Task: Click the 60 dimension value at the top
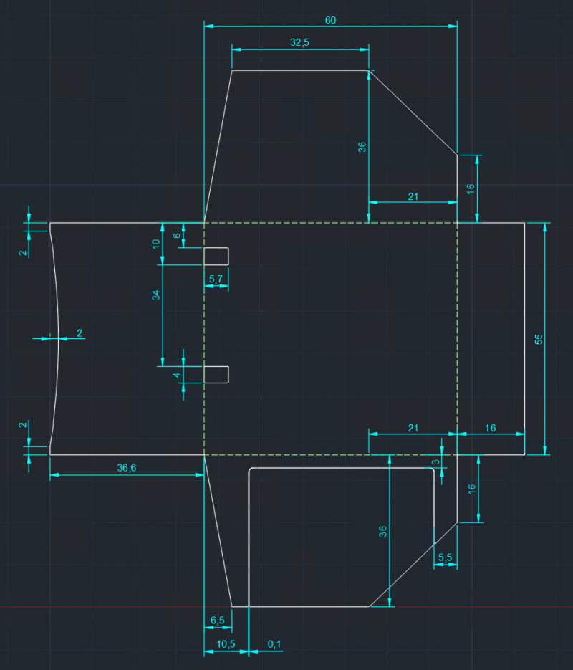pos(330,20)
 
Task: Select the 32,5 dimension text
pos(299,42)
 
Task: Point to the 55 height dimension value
pos(539,339)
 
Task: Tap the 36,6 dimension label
pos(126,468)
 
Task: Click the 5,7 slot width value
pos(216,279)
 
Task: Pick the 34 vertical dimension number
pos(156,295)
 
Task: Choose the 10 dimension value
pos(156,244)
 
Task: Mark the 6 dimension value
pos(176,236)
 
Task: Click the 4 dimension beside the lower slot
pos(176,375)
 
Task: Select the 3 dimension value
pos(435,462)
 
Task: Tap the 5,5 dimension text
pos(445,557)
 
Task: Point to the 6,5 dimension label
pos(217,620)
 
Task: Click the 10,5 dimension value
pos(226,644)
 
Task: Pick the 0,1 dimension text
pos(274,644)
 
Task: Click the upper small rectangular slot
pos(216,257)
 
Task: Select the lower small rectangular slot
pos(216,375)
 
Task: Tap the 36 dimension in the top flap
pos(362,147)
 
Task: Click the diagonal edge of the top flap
pos(413,113)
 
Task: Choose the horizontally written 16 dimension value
pos(490,428)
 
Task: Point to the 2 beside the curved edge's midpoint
pos(80,333)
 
